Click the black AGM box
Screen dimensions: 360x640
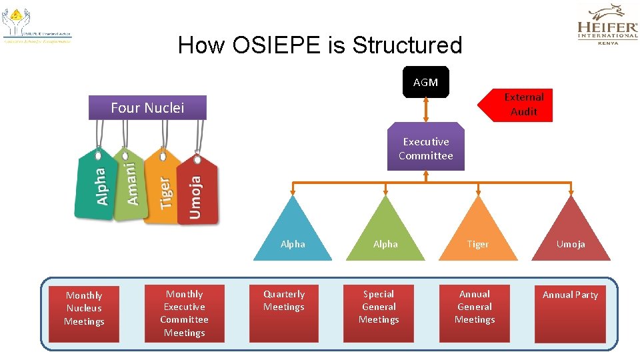(425, 82)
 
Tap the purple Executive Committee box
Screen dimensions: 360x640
(425, 148)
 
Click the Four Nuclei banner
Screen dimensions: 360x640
(147, 107)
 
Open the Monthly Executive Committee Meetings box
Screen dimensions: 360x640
(185, 313)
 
